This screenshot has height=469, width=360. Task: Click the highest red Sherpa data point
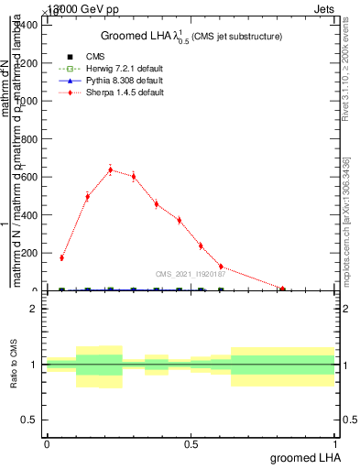pos(111,169)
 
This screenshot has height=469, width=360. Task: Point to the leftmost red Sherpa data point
pos(61,257)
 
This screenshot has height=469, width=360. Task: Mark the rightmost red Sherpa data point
pos(283,289)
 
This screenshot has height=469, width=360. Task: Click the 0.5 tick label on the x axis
pos(191,445)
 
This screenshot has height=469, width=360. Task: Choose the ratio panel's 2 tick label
pos(34,309)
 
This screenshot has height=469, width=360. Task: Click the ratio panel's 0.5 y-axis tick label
pos(29,420)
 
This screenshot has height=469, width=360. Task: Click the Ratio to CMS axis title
pos(14,365)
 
